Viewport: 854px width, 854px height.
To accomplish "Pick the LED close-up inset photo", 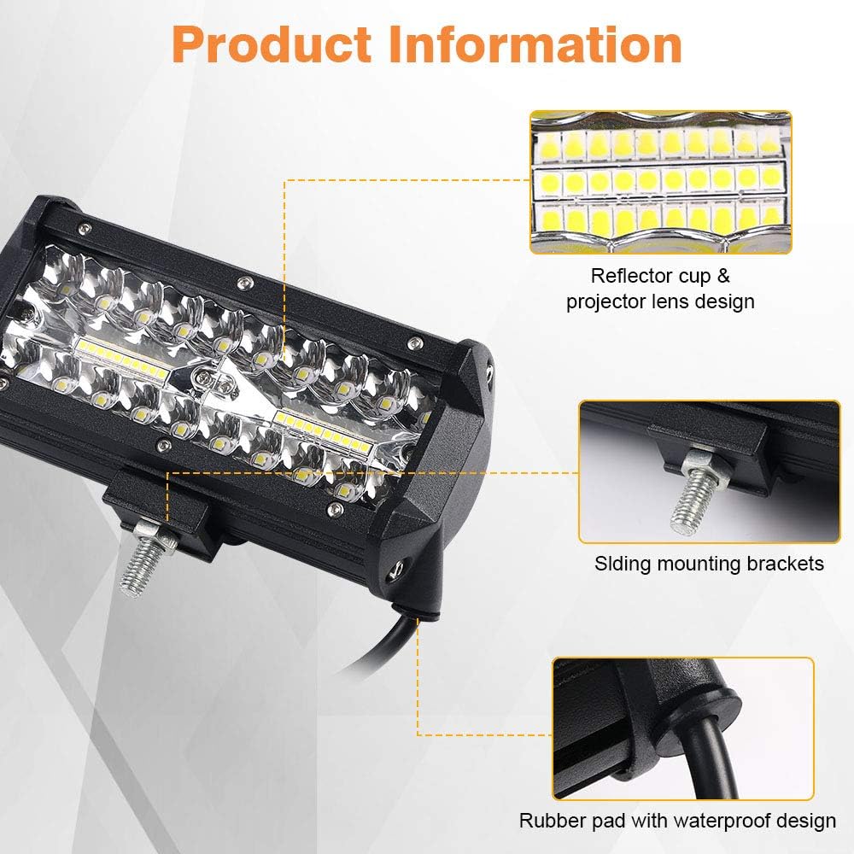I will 660,182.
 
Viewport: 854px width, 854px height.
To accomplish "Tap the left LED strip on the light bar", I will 120,350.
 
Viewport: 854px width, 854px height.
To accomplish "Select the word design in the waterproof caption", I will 803,822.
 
